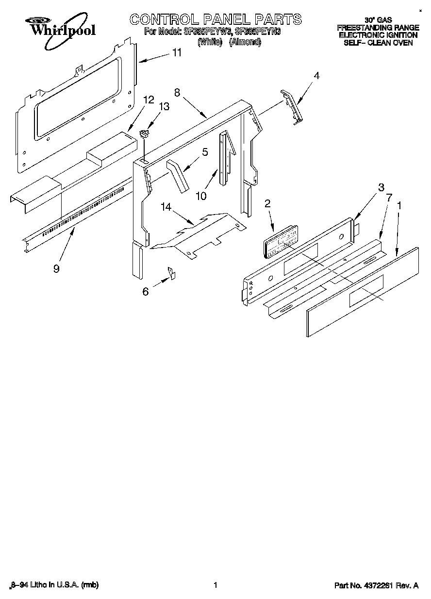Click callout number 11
[x=177, y=52]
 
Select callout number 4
[x=316, y=75]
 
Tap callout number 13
[x=165, y=107]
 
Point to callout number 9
[x=56, y=268]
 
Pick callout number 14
[x=166, y=207]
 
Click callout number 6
[x=146, y=292]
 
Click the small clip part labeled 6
[x=171, y=273]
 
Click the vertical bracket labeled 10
[x=224, y=158]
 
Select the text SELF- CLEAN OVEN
[x=378, y=43]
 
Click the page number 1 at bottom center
[x=215, y=585]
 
